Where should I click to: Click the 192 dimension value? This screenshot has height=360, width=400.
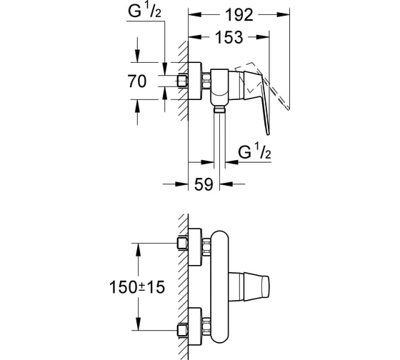pyautogui.click(x=239, y=15)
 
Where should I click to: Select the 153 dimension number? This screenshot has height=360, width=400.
pyautogui.click(x=229, y=37)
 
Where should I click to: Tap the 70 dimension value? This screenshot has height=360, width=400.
pyautogui.click(x=137, y=81)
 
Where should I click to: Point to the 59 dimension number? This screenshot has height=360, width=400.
pyautogui.click(x=204, y=184)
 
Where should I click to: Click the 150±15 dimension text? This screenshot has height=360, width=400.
pyautogui.click(x=137, y=286)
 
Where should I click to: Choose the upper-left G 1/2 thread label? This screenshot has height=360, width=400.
pyautogui.click(x=144, y=11)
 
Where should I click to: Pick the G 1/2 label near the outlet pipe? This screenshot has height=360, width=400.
pyautogui.click(x=254, y=151)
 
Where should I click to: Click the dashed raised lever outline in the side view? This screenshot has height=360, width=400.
pyautogui.click(x=263, y=84)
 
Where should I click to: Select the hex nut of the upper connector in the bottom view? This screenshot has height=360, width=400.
pyautogui.click(x=206, y=246)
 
